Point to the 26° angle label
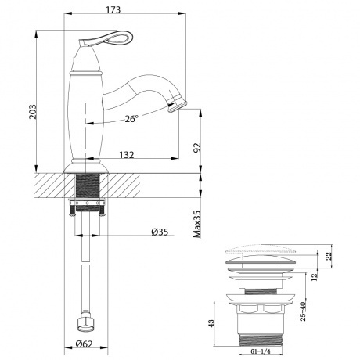pos(131,119)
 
